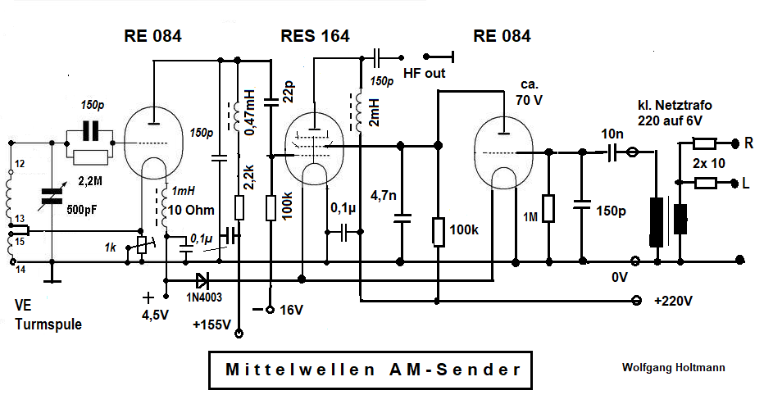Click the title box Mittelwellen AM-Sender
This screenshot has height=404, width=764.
372,370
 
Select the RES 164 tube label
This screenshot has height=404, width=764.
315,36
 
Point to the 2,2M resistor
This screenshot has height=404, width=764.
90,157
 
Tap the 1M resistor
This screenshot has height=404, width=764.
548,209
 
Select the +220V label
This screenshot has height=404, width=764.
673,301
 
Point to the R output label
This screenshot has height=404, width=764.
748,143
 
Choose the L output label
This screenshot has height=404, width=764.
746,183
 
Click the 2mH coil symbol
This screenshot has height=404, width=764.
358,112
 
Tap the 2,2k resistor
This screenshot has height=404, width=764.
239,207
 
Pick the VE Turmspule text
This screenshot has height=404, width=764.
48,314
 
